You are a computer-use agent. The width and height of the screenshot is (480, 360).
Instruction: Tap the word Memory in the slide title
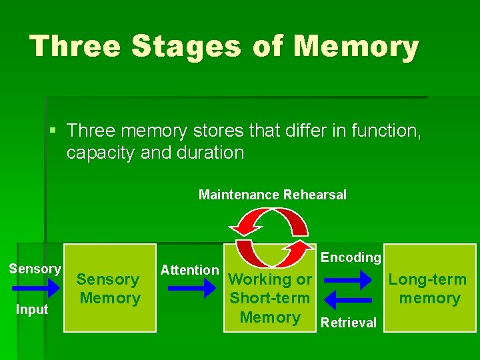coord(357,47)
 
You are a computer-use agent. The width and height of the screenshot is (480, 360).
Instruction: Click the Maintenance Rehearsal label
coord(273,195)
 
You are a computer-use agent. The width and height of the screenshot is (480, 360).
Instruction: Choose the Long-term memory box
coord(429,288)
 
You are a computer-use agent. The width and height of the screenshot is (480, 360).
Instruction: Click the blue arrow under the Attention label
coord(192,288)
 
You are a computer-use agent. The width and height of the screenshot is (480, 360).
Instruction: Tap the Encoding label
coord(351,257)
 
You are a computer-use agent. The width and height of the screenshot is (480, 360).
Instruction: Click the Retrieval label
coord(349,323)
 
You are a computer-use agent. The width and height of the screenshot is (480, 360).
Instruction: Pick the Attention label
coord(189,270)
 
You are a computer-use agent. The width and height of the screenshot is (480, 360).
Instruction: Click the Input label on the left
coord(33,309)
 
